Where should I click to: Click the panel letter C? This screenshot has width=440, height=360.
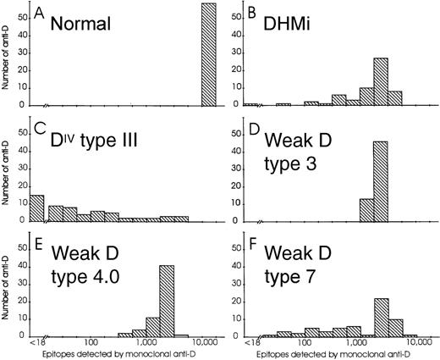(x=39, y=128)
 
